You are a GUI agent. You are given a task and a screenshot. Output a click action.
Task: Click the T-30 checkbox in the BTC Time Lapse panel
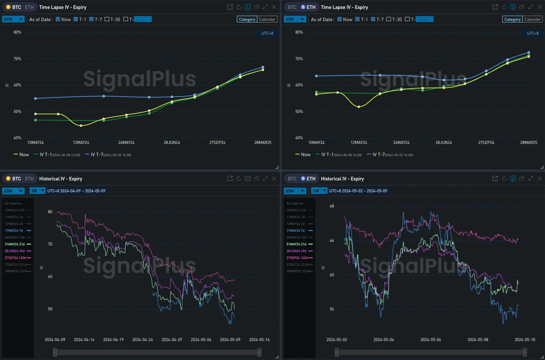(107, 19)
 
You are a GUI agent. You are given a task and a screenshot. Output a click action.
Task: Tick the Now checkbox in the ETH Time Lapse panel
(340, 19)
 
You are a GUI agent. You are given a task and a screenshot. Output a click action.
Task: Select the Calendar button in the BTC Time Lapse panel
(267, 19)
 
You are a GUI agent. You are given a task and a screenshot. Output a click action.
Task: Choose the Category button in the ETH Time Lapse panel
(512, 19)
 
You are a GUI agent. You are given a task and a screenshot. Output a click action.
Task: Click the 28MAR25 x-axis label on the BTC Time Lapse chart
(263, 142)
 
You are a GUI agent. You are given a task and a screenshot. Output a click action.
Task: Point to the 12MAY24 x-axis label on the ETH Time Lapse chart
(359, 142)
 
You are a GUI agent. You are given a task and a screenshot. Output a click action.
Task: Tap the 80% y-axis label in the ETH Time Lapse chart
(299, 32)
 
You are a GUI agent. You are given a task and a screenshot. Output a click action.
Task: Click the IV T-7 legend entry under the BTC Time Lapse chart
(108, 155)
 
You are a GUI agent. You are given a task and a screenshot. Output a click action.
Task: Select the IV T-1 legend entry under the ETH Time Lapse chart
(338, 155)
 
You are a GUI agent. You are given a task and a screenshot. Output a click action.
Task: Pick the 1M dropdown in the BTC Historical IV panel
(37, 191)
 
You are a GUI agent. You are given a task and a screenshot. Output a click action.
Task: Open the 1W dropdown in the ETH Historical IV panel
(319, 191)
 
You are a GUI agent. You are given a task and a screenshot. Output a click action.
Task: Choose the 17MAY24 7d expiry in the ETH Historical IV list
(296, 230)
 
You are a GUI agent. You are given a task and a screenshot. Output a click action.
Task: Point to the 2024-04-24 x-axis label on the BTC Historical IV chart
(142, 340)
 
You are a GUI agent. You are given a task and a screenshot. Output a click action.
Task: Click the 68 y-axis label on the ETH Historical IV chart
(332, 206)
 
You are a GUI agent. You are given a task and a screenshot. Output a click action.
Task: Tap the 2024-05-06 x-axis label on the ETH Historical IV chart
(430, 340)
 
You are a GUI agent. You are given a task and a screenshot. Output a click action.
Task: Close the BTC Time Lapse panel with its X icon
(274, 7)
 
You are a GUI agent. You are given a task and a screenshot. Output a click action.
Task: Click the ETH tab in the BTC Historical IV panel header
(29, 179)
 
